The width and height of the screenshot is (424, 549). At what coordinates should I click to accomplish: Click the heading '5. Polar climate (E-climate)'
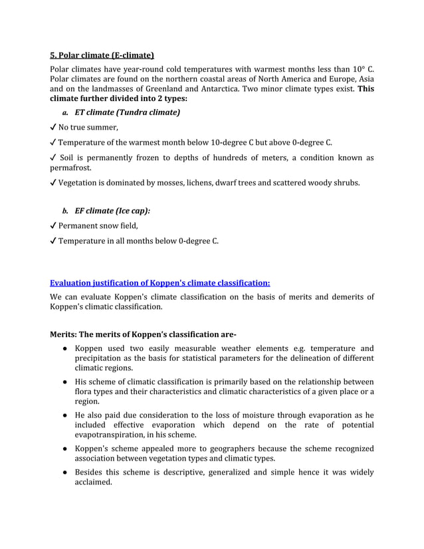(x=102, y=55)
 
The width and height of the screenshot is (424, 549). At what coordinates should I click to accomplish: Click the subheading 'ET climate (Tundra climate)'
(x=127, y=112)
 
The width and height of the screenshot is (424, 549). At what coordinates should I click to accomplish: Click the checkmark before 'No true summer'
(x=53, y=128)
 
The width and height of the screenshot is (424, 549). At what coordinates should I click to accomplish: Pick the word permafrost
(x=70, y=168)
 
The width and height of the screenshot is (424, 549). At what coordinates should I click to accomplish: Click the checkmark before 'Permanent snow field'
(x=53, y=226)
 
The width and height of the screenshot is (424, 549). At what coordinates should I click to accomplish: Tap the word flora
(x=85, y=391)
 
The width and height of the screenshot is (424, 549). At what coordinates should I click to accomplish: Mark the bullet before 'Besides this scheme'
(x=62, y=472)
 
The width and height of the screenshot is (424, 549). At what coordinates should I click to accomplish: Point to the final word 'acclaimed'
(x=93, y=483)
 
